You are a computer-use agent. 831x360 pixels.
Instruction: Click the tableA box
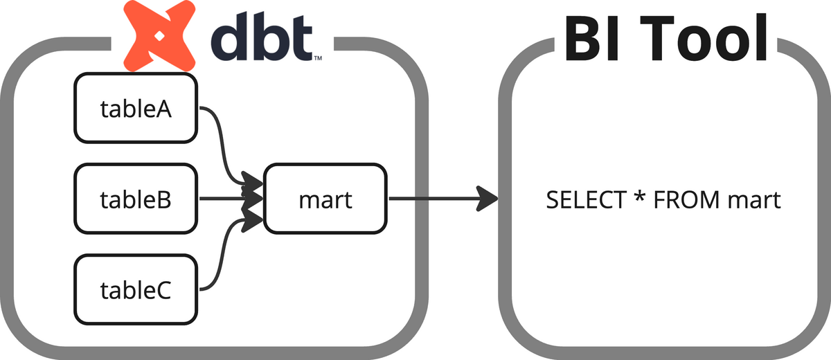click(x=136, y=108)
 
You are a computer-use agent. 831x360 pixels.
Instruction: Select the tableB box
click(x=136, y=199)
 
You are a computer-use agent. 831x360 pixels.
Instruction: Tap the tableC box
click(x=136, y=289)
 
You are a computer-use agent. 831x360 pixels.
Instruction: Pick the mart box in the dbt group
click(x=325, y=199)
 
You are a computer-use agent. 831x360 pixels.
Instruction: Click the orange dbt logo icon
click(x=159, y=35)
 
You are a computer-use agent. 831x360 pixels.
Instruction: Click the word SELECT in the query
click(x=586, y=200)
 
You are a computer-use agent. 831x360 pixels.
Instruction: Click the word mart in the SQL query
click(x=754, y=201)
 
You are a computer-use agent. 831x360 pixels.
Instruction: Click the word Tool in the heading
click(x=704, y=37)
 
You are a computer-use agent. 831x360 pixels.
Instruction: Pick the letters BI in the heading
click(x=591, y=38)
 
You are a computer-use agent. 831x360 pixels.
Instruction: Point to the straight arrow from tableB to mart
click(x=231, y=199)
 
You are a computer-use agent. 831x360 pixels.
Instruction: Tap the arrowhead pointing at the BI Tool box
click(x=488, y=199)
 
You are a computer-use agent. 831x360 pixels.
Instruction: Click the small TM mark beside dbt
click(x=318, y=58)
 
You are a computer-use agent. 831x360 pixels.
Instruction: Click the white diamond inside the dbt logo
click(x=159, y=36)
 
